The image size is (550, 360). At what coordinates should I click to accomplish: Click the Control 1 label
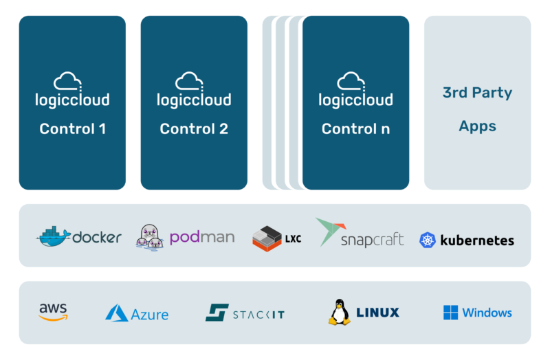click(x=72, y=128)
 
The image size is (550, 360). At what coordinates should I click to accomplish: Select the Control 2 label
click(x=194, y=128)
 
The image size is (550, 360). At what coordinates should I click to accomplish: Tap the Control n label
click(x=355, y=128)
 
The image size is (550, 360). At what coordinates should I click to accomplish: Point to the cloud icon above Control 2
click(x=190, y=82)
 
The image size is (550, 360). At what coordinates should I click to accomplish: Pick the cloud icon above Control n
click(x=352, y=82)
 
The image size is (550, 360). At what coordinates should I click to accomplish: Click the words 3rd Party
click(x=477, y=93)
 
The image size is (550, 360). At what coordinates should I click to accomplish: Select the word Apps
click(x=477, y=126)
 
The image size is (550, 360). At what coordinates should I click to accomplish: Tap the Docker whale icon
click(x=53, y=236)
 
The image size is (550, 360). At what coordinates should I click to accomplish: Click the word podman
click(x=201, y=237)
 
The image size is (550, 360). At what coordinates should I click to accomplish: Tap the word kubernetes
click(x=476, y=240)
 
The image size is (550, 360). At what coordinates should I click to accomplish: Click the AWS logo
click(x=53, y=313)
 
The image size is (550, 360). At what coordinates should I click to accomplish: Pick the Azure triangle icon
click(x=116, y=314)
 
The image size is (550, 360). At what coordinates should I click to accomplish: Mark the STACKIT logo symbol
click(x=217, y=313)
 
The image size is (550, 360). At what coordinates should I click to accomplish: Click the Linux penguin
click(x=338, y=312)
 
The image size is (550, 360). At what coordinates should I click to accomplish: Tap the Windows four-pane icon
click(x=450, y=313)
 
